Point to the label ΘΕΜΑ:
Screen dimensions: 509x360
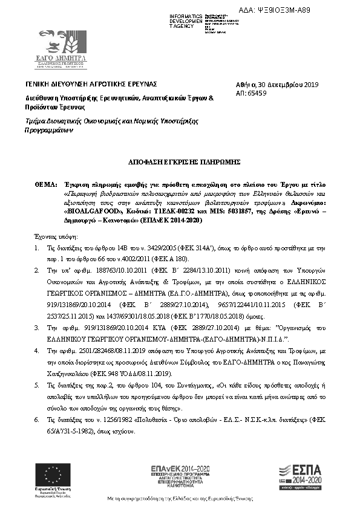[x=44, y=181]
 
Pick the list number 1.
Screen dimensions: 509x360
[x=37, y=248]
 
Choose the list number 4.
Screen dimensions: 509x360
[x=37, y=350]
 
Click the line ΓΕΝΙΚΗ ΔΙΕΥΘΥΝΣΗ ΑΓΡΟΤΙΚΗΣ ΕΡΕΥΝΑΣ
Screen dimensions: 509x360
[x=91, y=83]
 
